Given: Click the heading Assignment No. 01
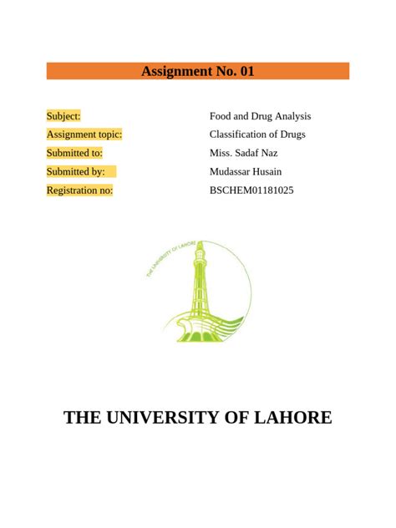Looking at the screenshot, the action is [x=197, y=71].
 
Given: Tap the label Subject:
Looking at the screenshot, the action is [x=63, y=116].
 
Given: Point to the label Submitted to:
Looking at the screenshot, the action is [x=74, y=153].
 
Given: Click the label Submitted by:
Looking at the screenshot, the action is [x=76, y=171].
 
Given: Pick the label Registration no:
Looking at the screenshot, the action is [x=79, y=190].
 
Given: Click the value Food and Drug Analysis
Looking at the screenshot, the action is [x=260, y=116].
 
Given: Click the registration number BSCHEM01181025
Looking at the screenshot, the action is [x=251, y=190].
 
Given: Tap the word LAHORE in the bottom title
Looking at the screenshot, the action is [x=292, y=417].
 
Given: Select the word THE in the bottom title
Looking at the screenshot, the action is [x=82, y=417].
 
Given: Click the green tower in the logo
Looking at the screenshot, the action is [x=199, y=284].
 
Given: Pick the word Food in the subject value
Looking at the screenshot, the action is [x=221, y=116].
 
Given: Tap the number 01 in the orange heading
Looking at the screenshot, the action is [x=246, y=71].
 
